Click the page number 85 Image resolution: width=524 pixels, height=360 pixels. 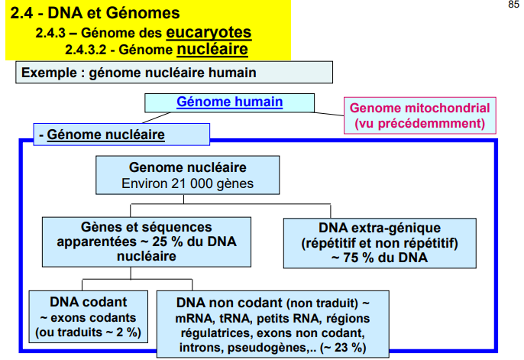tap(513, 5)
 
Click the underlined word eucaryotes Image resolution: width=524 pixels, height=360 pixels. tap(209, 32)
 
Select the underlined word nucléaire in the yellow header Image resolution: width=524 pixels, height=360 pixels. tap(212, 49)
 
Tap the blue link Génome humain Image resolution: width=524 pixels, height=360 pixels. tap(230, 102)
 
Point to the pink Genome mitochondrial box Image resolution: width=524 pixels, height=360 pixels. tap(420, 115)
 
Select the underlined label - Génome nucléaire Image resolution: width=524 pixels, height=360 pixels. tap(102, 135)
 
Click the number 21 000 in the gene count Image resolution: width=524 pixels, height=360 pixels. tap(192, 183)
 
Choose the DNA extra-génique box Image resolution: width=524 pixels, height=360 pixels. tap(380, 243)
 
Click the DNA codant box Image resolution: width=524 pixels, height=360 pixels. tap(89, 316)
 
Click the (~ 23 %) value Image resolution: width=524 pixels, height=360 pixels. tap(343, 347)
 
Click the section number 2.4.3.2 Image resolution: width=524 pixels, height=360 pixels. tap(86, 50)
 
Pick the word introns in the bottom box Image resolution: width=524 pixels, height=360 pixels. tap(201, 347)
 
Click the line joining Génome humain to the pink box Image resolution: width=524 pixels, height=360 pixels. tap(329, 114)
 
